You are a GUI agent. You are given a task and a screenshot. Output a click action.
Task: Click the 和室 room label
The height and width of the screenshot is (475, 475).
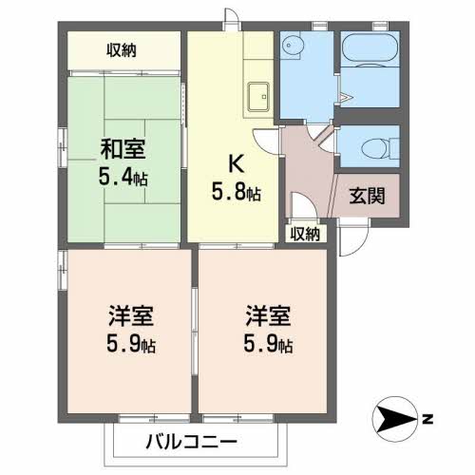124,149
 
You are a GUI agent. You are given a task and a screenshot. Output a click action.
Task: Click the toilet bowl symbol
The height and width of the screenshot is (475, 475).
378,146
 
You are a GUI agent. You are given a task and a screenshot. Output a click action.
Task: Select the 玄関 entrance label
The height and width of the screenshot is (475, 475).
366,197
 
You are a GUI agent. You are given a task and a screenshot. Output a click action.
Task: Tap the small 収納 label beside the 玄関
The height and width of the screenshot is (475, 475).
305,233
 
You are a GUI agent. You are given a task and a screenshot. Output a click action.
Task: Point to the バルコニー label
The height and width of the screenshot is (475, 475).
190,442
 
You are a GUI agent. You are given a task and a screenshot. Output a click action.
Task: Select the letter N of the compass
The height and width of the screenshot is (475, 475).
428,417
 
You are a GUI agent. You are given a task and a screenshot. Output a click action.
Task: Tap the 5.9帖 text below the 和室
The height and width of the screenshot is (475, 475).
129,344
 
